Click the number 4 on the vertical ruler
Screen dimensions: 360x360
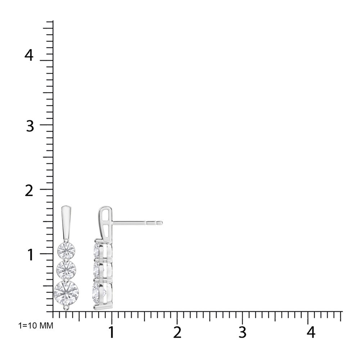click(30, 55)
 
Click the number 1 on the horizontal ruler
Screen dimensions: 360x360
click(111, 332)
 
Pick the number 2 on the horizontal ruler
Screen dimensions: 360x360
click(177, 332)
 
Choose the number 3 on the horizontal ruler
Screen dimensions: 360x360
click(242, 332)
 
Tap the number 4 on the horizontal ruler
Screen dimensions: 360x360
click(311, 332)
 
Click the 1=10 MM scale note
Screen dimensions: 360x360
click(36, 325)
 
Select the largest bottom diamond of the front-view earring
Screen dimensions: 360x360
click(66, 293)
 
